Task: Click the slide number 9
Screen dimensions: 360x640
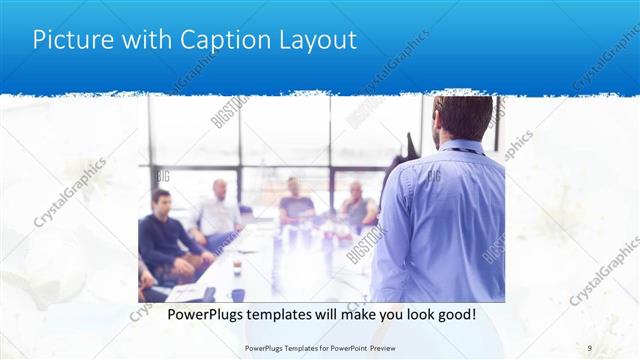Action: pyautogui.click(x=590, y=347)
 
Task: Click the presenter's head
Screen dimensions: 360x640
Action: pyautogui.click(x=463, y=116)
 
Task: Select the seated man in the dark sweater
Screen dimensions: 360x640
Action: pyautogui.click(x=164, y=235)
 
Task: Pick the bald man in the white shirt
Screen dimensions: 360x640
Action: pyautogui.click(x=219, y=210)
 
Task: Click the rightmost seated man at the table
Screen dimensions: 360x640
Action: pyautogui.click(x=357, y=205)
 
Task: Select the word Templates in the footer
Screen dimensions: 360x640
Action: pyautogui.click(x=295, y=347)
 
